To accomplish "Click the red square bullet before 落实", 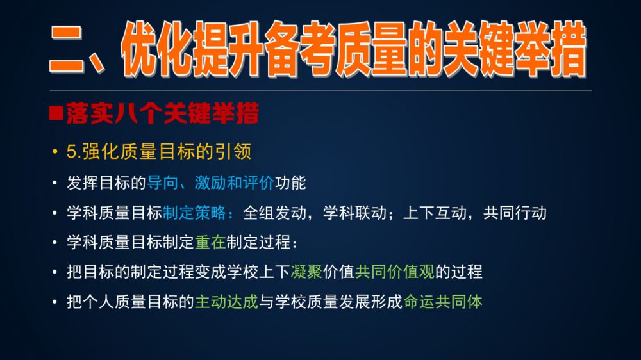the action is [56, 113].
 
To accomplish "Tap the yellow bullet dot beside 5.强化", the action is [54, 152].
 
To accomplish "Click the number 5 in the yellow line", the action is [71, 152].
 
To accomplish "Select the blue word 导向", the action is [162, 183].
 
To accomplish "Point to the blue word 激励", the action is [210, 183].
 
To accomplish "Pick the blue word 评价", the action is [258, 183].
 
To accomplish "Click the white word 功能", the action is [290, 183].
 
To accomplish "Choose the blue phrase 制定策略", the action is [194, 213].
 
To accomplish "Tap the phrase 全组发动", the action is [275, 213].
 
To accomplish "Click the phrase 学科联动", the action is [355, 213].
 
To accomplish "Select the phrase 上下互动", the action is [435, 213].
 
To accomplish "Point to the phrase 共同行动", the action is [515, 213].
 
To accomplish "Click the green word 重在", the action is [210, 242].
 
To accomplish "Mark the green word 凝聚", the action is [306, 272].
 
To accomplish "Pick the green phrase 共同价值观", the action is [395, 272].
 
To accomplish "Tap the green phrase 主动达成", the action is [226, 302].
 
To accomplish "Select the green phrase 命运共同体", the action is [443, 302].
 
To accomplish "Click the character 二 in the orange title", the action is [67, 50].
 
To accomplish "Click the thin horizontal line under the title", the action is [320, 90].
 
